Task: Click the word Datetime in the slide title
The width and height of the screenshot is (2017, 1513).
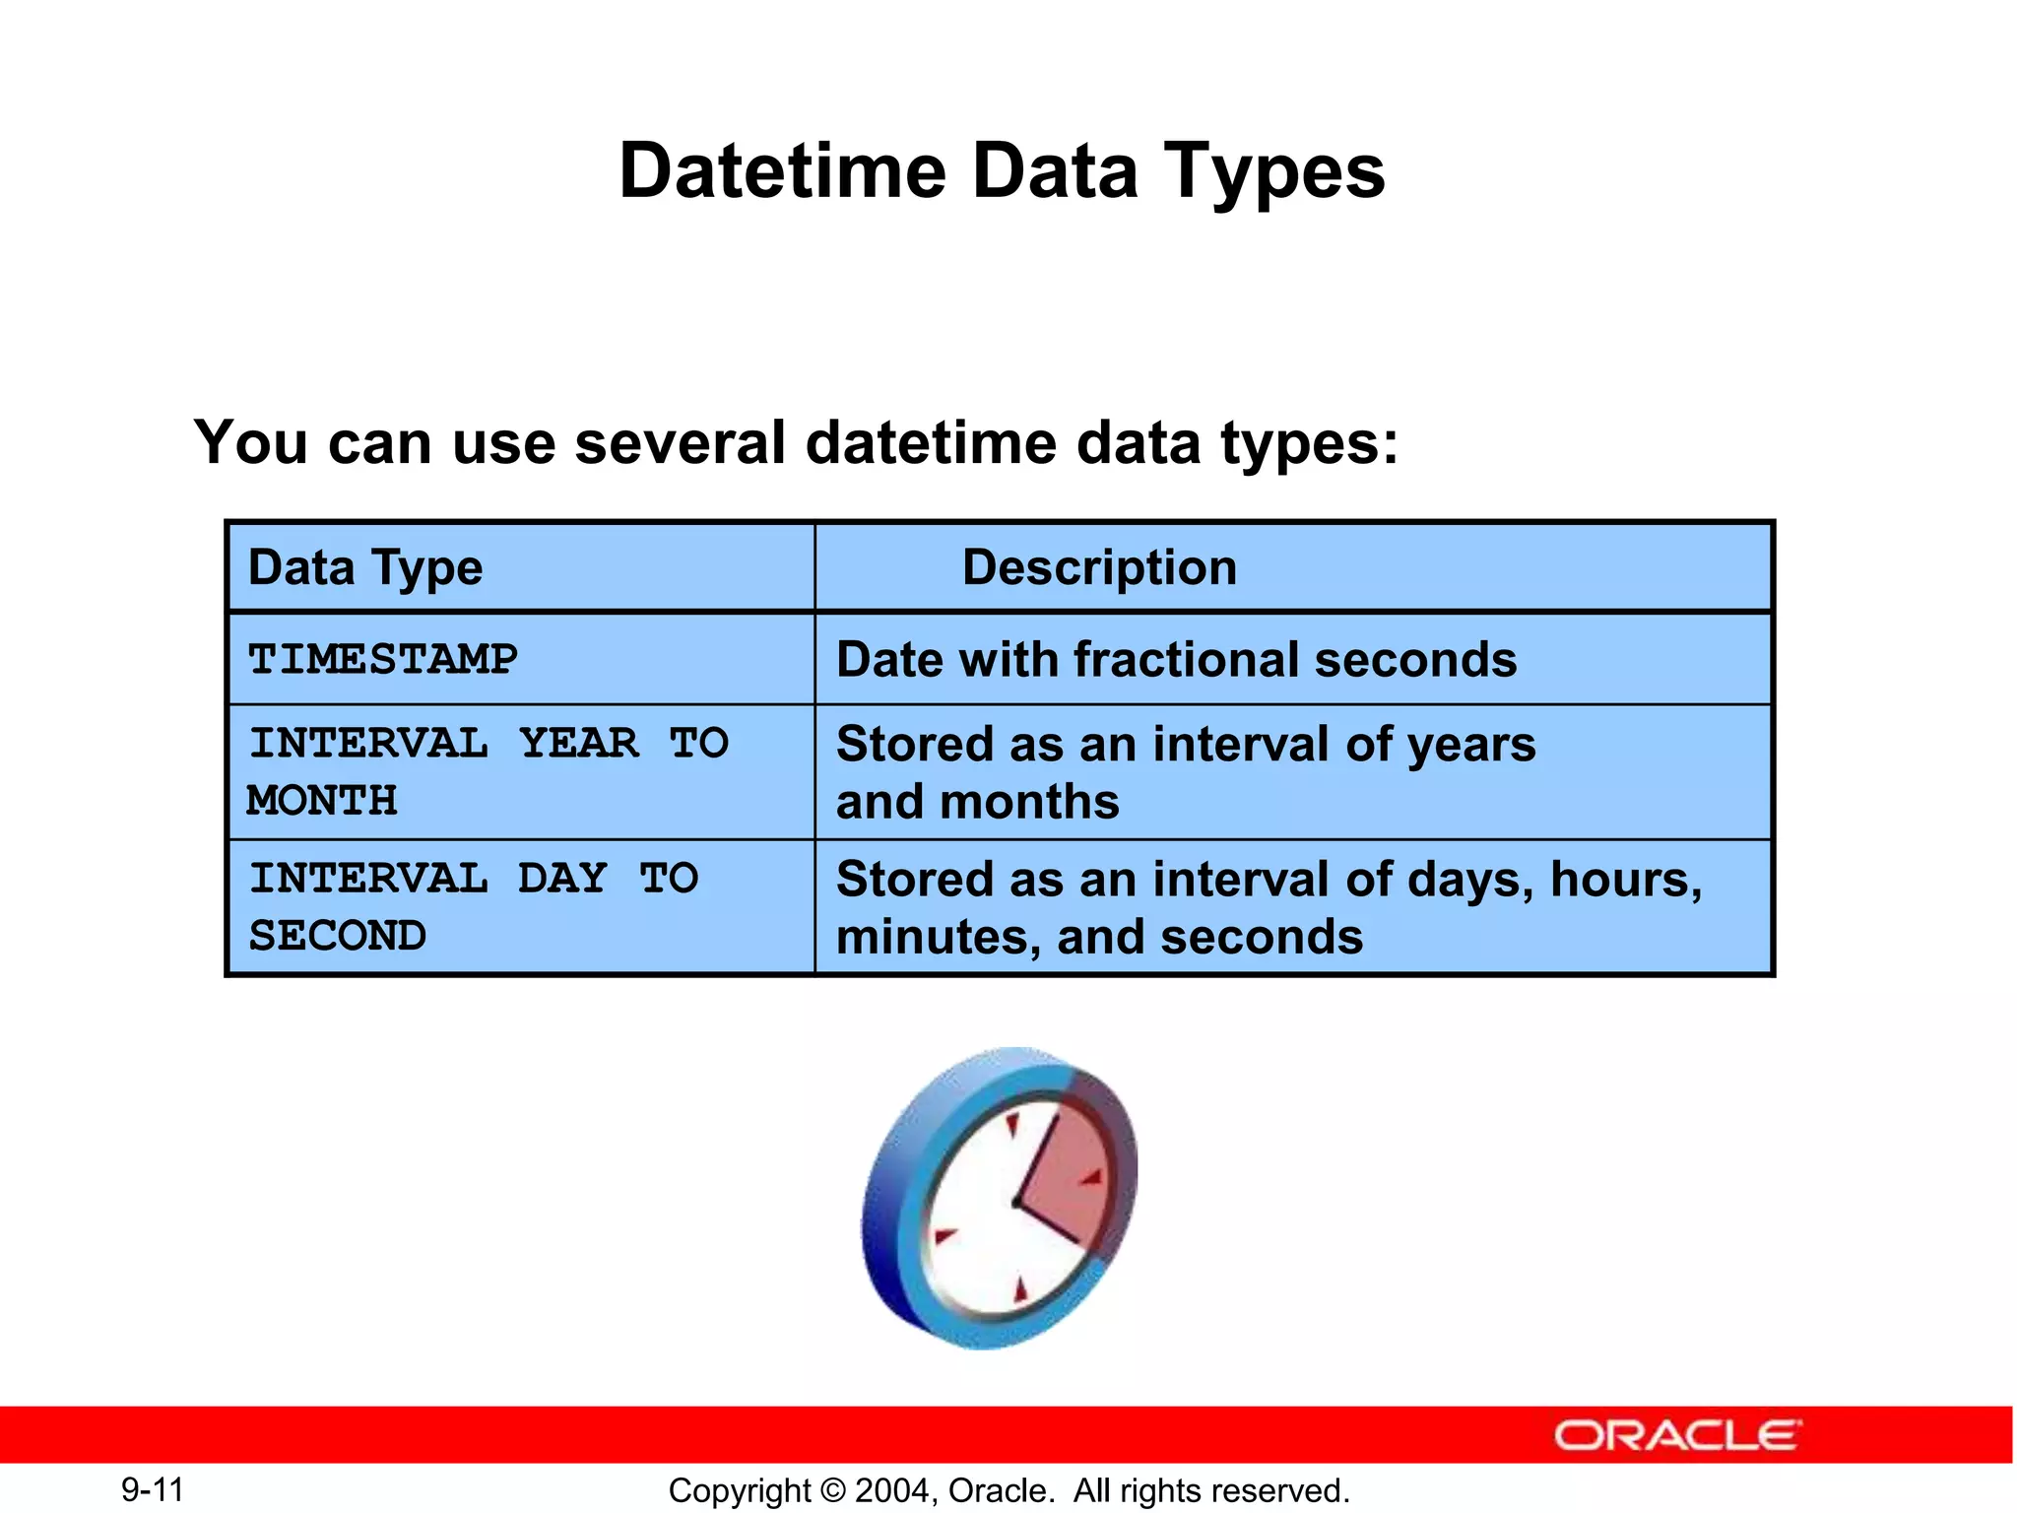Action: point(782,171)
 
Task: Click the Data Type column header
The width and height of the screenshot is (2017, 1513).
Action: point(365,568)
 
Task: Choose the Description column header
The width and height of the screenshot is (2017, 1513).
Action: point(1099,568)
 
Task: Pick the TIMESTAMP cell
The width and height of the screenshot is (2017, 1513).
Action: point(382,659)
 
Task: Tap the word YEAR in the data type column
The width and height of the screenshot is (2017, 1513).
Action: point(578,743)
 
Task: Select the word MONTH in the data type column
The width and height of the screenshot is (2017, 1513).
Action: point(322,800)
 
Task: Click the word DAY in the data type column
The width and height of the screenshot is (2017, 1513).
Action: point(561,878)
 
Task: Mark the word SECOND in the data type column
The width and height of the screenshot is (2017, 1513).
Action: point(337,935)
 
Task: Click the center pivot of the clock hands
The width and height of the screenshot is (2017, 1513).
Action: point(1016,1203)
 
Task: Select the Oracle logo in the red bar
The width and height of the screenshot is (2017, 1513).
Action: point(1677,1435)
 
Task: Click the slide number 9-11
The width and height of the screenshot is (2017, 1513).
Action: point(153,1489)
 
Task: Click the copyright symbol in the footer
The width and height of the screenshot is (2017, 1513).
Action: point(833,1490)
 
